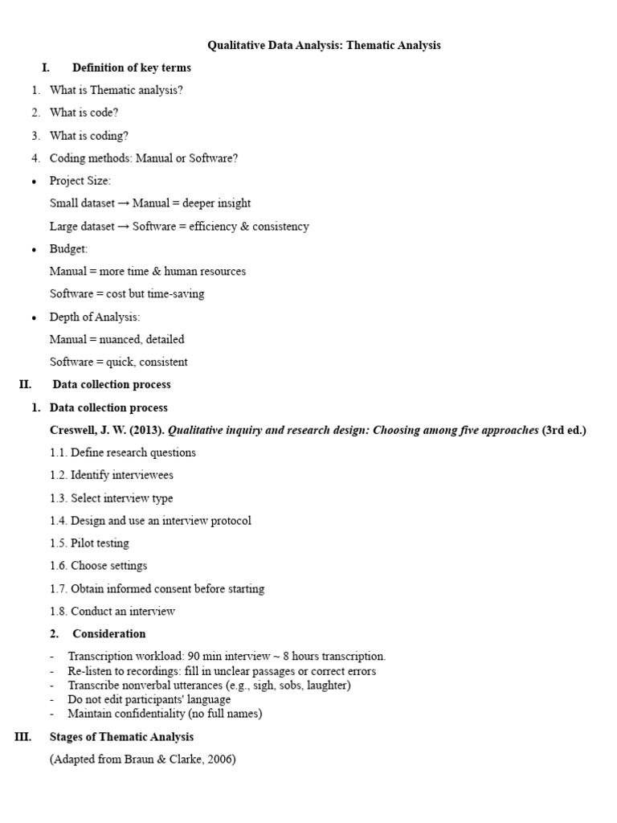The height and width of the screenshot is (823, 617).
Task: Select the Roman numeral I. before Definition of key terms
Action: click(46, 68)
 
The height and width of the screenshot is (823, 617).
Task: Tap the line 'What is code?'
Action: click(84, 113)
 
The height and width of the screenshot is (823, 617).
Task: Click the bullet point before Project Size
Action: click(35, 182)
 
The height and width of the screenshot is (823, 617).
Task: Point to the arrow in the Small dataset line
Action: click(124, 204)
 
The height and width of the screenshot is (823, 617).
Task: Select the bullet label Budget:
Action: click(68, 249)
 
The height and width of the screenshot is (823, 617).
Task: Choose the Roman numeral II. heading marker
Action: click(25, 385)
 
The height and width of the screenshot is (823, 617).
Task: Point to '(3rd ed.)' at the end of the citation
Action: click(564, 430)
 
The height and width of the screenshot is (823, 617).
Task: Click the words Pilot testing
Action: click(100, 543)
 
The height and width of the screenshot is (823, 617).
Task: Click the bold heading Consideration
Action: click(109, 634)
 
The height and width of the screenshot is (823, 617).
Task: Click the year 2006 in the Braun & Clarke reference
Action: click(219, 760)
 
